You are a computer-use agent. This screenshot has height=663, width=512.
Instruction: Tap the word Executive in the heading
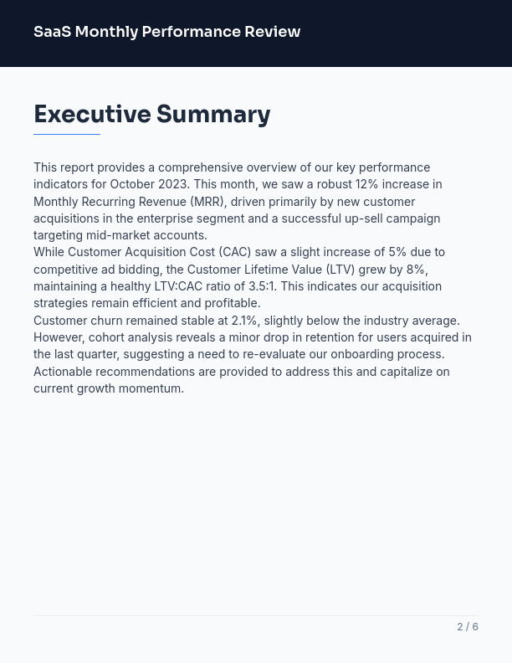[x=92, y=114]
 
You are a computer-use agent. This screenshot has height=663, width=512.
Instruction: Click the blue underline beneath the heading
[x=67, y=134]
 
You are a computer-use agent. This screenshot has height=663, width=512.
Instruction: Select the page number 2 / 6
[x=468, y=626]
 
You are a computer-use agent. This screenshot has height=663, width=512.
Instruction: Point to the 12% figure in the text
[x=366, y=184]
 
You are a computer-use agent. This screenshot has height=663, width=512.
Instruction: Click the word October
[x=132, y=184]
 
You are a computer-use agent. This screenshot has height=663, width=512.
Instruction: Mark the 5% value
[x=397, y=252]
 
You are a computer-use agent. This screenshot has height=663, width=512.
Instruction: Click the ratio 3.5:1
[x=262, y=286]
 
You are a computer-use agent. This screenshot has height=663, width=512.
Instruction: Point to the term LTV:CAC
[x=178, y=286]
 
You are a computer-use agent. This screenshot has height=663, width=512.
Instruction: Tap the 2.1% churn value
[x=245, y=321]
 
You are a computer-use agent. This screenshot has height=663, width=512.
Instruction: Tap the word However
[x=59, y=337]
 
